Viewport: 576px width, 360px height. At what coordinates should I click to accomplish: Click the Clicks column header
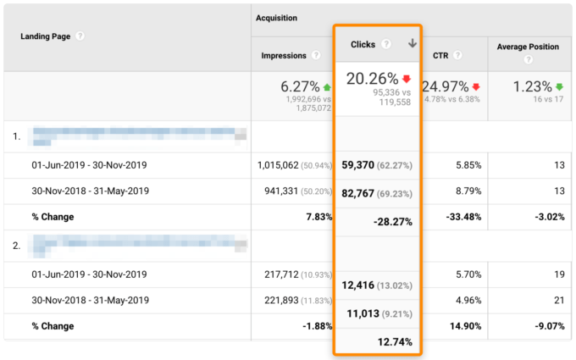point(363,44)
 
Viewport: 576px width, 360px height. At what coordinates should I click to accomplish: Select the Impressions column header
point(284,55)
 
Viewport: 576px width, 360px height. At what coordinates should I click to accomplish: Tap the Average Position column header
point(528,47)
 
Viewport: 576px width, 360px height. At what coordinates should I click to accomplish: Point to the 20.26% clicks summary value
point(370,80)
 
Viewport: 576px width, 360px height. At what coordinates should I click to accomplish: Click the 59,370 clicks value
point(364,166)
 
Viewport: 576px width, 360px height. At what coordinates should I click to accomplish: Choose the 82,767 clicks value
point(364,192)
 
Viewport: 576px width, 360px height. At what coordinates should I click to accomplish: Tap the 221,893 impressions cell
point(287,300)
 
